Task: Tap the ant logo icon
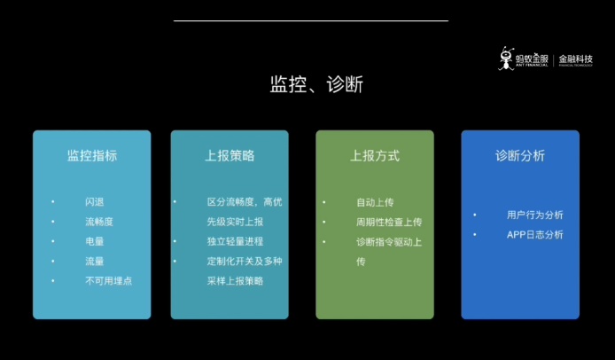[x=508, y=58]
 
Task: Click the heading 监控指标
[x=92, y=155]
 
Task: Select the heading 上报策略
[x=230, y=155]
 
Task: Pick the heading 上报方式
[x=375, y=155]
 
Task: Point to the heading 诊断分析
[x=520, y=155]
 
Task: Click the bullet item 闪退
[x=95, y=201]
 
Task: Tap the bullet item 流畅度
[x=99, y=222]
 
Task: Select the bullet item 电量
[x=95, y=241]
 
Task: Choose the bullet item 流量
[x=95, y=261]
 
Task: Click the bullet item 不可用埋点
[x=108, y=280]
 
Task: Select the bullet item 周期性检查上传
[x=389, y=222]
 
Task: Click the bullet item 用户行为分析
[x=534, y=215]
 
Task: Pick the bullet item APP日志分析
[x=534, y=234]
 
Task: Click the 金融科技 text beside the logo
[x=575, y=59]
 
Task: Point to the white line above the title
[x=311, y=20]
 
